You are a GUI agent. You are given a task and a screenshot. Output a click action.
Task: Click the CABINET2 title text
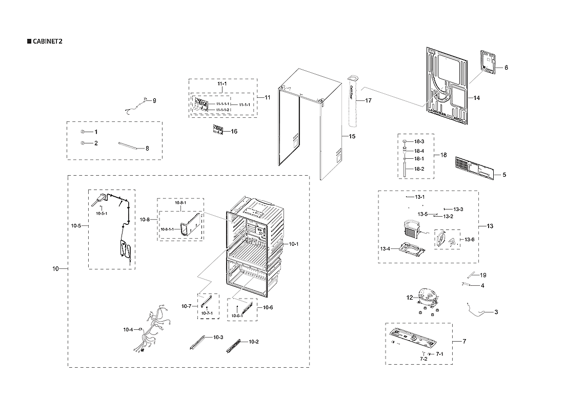[47, 41]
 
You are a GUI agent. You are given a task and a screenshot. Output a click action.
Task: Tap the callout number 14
[477, 97]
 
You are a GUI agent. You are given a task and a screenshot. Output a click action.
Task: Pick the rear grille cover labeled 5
[476, 169]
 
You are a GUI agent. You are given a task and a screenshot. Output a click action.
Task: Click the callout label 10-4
[128, 330]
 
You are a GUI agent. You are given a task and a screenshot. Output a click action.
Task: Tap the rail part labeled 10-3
[197, 342]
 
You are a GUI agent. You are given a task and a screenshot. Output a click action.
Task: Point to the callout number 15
[352, 136]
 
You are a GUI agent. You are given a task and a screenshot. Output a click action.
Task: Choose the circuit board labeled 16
[218, 131]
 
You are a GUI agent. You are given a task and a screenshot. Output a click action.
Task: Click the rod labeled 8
[128, 146]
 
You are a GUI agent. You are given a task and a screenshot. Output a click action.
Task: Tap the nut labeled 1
[83, 132]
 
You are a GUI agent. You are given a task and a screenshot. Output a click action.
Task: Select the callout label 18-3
[419, 141]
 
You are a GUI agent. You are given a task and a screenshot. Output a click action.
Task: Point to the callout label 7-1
[439, 354]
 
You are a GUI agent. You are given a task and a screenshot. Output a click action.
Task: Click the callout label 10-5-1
[100, 213]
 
